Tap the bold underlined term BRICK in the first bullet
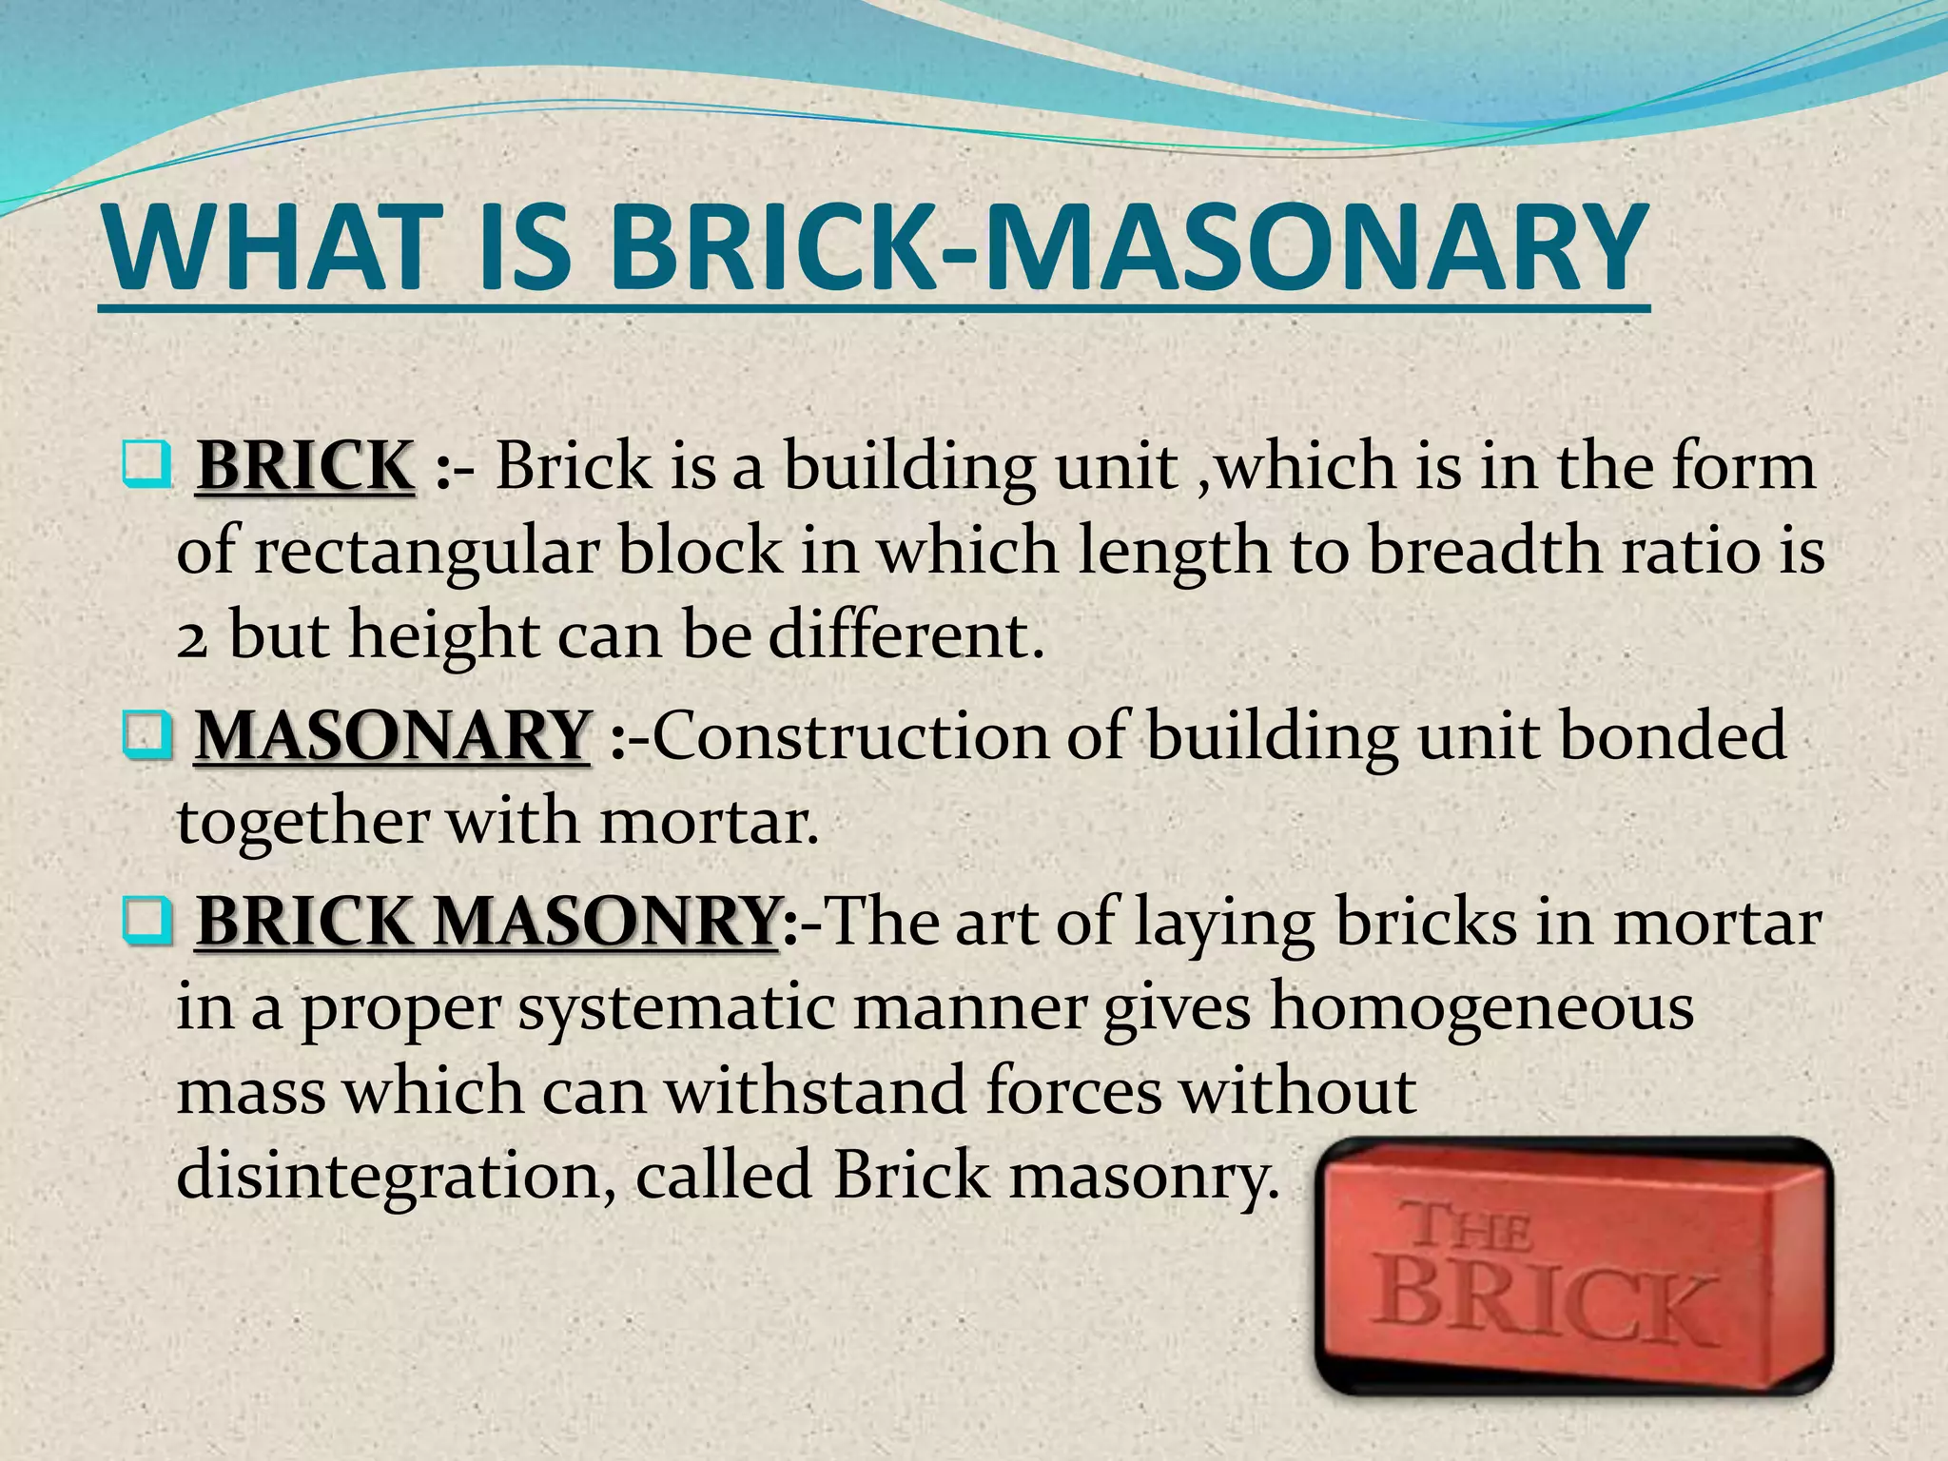point(305,466)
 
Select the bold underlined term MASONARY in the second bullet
point(392,736)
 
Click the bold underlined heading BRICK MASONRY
point(487,921)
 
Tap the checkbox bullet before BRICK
point(146,466)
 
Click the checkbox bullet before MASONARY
point(146,737)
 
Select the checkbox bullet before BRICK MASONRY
point(146,923)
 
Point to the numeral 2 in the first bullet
point(191,637)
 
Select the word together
point(302,822)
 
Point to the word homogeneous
point(1481,1006)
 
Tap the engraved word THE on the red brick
point(1471,1227)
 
